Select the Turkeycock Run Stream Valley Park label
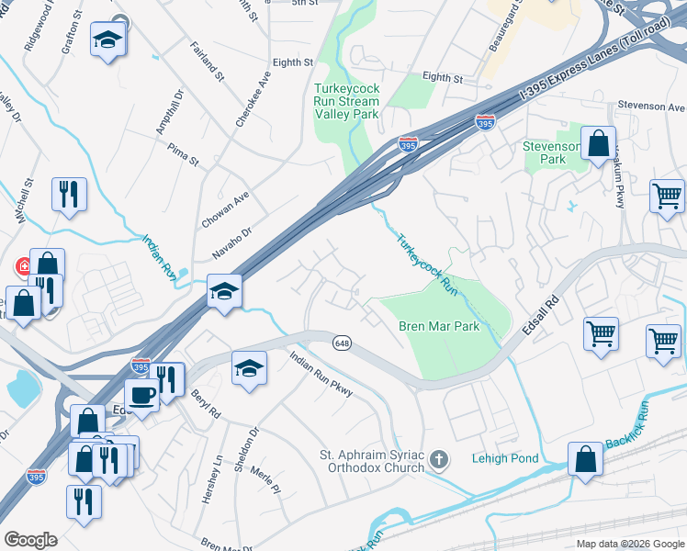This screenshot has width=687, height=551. pyautogui.click(x=345, y=99)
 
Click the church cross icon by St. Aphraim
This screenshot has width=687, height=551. pyautogui.click(x=440, y=459)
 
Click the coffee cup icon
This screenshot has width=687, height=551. pyautogui.click(x=141, y=395)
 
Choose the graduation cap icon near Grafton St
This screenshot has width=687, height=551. pyautogui.click(x=108, y=39)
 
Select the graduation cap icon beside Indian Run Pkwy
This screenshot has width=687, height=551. pyautogui.click(x=248, y=367)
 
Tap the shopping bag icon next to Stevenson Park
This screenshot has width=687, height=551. pyautogui.click(x=598, y=144)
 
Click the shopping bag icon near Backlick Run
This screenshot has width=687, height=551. pyautogui.click(x=585, y=458)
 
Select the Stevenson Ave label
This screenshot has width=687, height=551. pyautogui.click(x=651, y=107)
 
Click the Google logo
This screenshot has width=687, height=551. pyautogui.click(x=30, y=539)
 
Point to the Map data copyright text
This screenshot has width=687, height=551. pyautogui.click(x=630, y=544)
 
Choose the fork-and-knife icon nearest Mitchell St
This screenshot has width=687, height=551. pyautogui.click(x=69, y=194)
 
